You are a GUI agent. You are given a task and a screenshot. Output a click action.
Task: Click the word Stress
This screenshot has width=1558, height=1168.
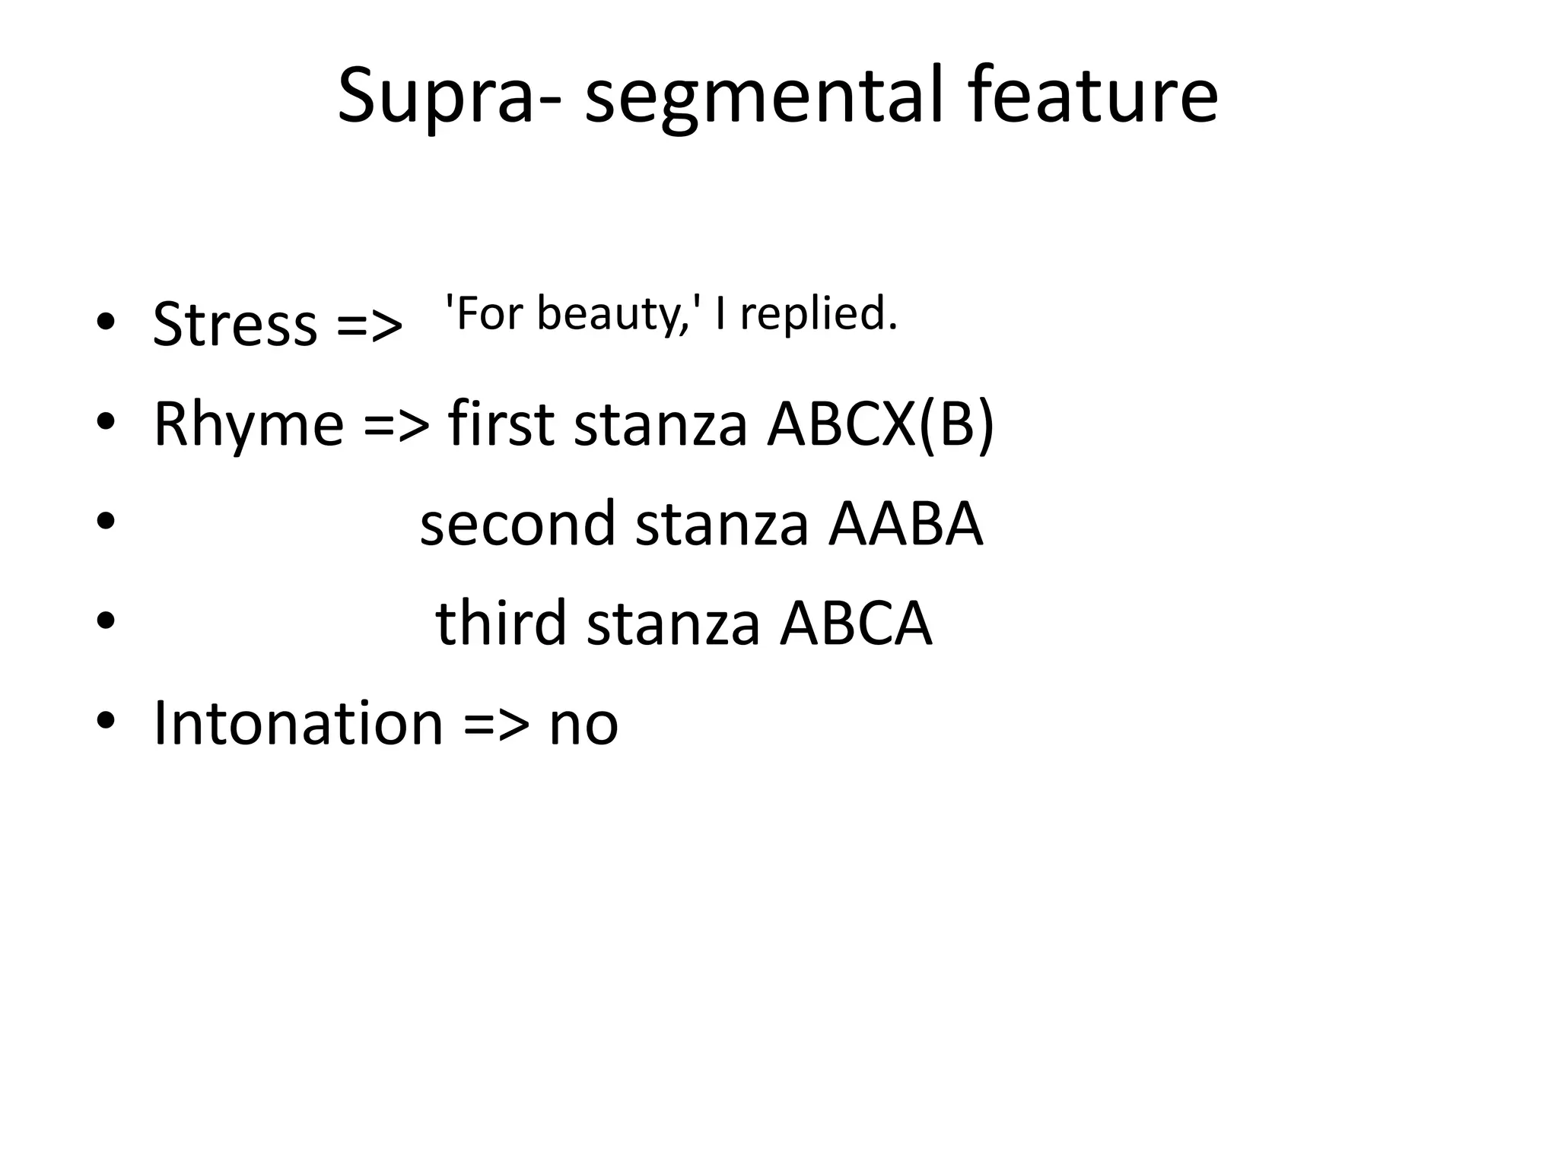235,325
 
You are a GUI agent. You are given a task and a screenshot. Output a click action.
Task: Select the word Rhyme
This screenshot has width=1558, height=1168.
249,424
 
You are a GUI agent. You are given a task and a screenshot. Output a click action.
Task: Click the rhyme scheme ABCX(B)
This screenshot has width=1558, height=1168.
880,424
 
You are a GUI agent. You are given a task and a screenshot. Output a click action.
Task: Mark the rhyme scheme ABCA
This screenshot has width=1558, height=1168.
856,624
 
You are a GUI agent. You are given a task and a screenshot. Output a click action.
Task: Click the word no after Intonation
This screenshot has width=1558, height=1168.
583,725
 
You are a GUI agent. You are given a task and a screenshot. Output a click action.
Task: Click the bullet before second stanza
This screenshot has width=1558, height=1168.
106,521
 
